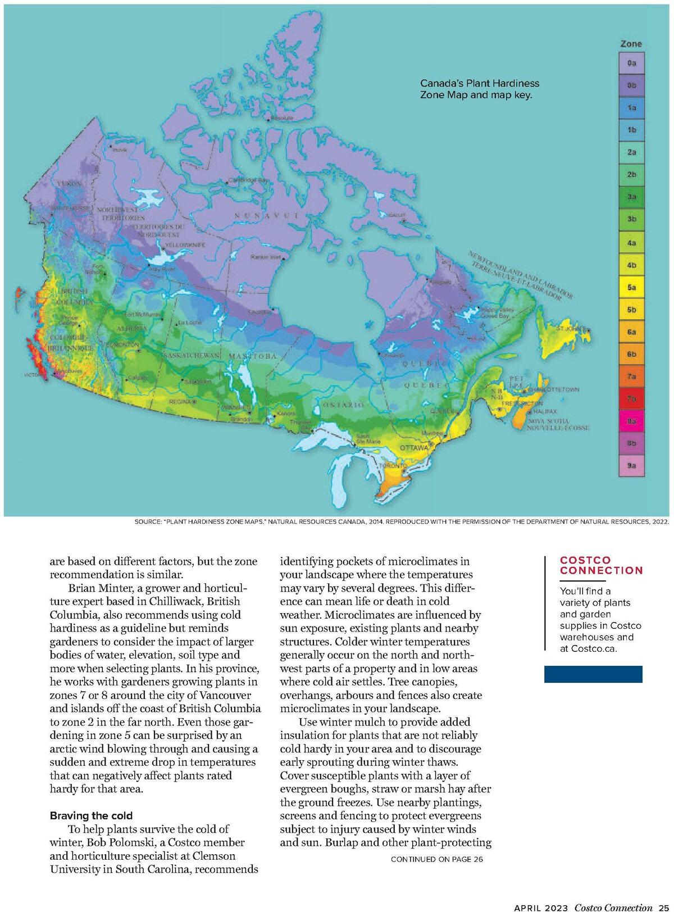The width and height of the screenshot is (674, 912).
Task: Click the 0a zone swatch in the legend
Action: point(631,63)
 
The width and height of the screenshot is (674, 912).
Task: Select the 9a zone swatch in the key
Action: point(631,466)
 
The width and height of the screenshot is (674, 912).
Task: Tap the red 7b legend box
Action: point(631,399)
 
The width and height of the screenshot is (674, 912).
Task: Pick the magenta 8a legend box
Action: point(631,421)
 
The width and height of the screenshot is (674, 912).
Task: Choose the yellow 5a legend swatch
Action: point(631,287)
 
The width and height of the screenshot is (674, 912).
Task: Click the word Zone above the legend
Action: point(631,44)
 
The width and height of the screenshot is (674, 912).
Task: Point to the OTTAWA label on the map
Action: point(413,448)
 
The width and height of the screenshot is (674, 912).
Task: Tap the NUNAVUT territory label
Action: point(267,216)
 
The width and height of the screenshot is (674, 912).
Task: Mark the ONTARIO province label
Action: point(343,405)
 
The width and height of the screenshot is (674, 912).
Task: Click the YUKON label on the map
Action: point(69,184)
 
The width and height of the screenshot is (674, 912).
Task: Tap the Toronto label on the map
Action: point(392,466)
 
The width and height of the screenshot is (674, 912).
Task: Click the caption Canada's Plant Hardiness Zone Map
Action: point(479,89)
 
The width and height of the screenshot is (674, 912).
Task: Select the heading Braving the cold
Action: point(91,815)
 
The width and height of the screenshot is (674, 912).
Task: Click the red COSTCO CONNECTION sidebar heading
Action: point(601,565)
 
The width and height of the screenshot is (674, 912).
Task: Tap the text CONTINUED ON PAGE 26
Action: point(436,859)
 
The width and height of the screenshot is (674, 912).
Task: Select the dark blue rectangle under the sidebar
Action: point(593,674)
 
